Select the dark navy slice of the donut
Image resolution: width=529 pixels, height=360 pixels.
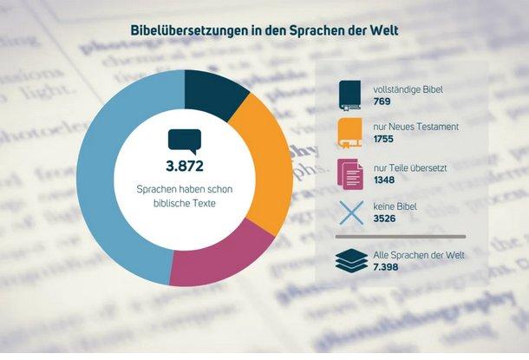[x=214, y=91]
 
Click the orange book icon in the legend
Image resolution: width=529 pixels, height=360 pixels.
[x=350, y=134]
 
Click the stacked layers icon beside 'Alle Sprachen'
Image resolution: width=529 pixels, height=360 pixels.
[x=350, y=261]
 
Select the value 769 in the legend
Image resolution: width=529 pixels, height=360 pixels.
[x=382, y=101]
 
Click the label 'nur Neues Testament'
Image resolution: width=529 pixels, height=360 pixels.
[x=410, y=127]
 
